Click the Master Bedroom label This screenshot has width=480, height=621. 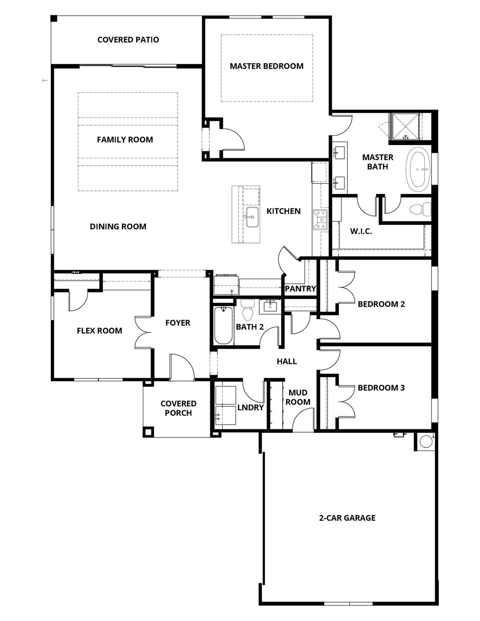tap(266, 66)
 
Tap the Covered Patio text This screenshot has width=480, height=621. tap(128, 40)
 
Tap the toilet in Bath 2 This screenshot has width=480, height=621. tap(246, 311)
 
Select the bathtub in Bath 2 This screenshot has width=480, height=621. tap(223, 325)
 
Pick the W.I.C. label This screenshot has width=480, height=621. tap(361, 232)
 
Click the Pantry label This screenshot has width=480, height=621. tap(300, 289)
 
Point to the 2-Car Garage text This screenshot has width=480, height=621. tap(347, 518)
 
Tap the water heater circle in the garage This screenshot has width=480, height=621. tap(426, 441)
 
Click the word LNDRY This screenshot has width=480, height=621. tap(250, 408)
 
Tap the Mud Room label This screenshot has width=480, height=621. tap(298, 397)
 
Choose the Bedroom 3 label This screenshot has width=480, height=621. tap(381, 388)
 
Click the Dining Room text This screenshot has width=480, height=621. tap(118, 226)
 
